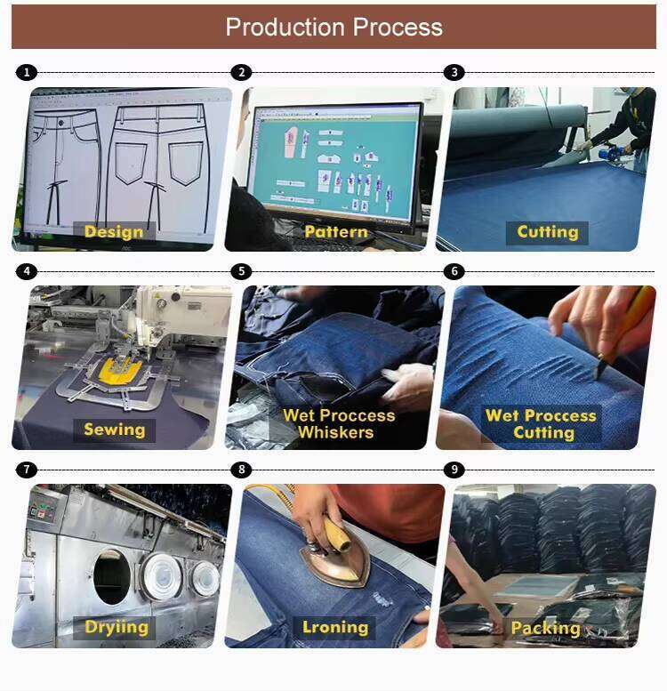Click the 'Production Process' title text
coord(333,27)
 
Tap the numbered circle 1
coord(28,73)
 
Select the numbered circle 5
coord(240,271)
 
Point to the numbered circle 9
coord(454,470)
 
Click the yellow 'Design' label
coord(114,233)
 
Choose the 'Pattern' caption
coord(335,233)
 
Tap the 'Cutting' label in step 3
coord(547,233)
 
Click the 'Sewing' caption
coord(114,430)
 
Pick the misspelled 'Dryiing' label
coord(116,628)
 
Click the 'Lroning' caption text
coord(334,628)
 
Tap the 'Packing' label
coord(545,629)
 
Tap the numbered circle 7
coord(28,470)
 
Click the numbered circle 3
coord(454,73)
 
